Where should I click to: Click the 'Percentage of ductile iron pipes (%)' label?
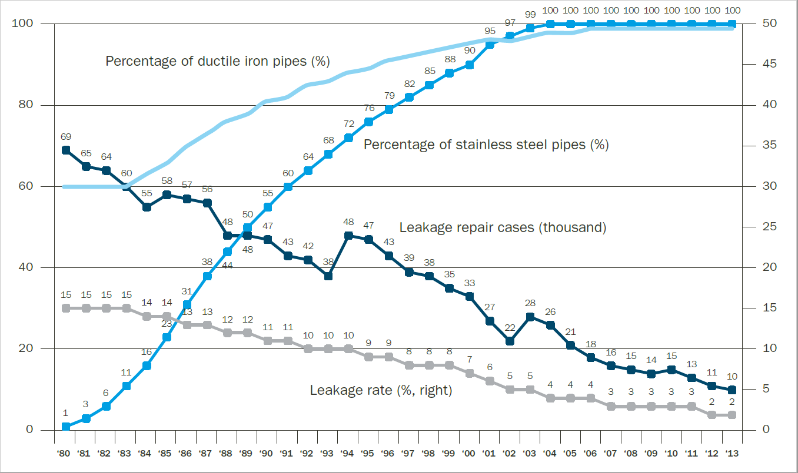coord(217,61)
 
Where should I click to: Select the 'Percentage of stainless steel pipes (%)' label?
coord(486,145)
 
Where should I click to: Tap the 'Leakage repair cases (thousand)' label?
coord(503,227)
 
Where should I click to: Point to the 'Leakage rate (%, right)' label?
coord(381,390)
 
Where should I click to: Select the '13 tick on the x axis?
coord(731,454)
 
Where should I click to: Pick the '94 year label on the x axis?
coord(348,454)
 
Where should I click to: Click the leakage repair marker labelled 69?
coord(66,150)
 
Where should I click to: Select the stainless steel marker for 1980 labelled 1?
coord(66,427)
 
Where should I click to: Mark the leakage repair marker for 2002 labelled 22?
coord(510,341)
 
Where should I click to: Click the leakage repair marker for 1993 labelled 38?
coord(328,276)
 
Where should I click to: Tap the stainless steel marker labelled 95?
coord(490,44)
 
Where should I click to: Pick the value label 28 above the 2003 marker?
coord(530,303)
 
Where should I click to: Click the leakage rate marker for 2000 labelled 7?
coord(470,373)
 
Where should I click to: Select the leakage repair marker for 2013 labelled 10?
coord(731,390)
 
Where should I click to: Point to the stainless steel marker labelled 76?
coord(368,122)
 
